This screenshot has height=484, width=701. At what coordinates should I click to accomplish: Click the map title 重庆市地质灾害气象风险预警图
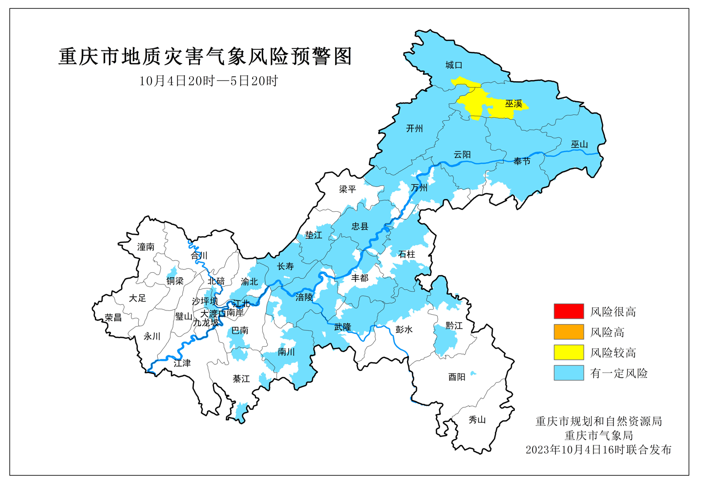pyautogui.click(x=205, y=57)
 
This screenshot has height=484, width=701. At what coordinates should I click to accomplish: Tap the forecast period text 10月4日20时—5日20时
pyautogui.click(x=209, y=81)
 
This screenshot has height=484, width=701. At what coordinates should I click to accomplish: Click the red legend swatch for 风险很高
pyautogui.click(x=569, y=311)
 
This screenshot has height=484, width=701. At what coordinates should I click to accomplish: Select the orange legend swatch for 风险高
pyautogui.click(x=569, y=332)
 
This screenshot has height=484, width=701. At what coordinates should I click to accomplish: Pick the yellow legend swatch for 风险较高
pyautogui.click(x=569, y=352)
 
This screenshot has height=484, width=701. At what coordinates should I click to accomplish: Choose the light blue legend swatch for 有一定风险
pyautogui.click(x=569, y=373)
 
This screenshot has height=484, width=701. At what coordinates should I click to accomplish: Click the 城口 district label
pyautogui.click(x=453, y=65)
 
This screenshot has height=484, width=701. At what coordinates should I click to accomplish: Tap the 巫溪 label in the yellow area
pyautogui.click(x=513, y=104)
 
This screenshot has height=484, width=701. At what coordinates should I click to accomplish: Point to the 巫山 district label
pyautogui.click(x=579, y=145)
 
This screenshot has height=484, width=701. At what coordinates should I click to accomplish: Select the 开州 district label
pyautogui.click(x=414, y=129)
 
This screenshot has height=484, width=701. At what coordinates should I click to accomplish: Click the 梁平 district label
pyautogui.click(x=347, y=189)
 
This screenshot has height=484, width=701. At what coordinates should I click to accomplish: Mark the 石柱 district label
pyautogui.click(x=406, y=254)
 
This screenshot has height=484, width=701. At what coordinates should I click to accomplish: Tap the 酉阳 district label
pyautogui.click(x=457, y=377)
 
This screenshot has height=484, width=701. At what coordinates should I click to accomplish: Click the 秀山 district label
pyautogui.click(x=477, y=420)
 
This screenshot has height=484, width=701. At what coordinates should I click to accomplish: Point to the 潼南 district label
pyautogui.click(x=146, y=247)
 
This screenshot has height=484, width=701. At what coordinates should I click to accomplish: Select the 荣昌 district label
pyautogui.click(x=113, y=318)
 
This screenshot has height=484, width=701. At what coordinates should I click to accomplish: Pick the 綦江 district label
pyautogui.click(x=241, y=379)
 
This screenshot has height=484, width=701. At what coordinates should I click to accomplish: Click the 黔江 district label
pyautogui.click(x=454, y=326)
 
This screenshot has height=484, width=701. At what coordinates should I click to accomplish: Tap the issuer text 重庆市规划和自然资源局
pyautogui.click(x=598, y=421)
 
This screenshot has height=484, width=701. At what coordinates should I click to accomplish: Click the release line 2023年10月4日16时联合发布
pyautogui.click(x=598, y=450)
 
